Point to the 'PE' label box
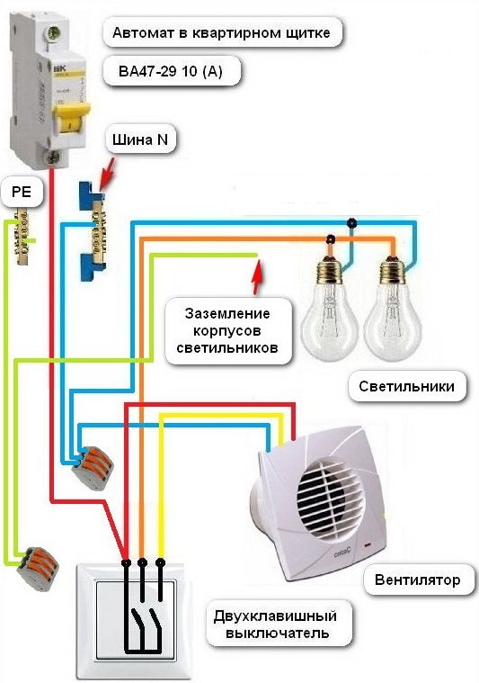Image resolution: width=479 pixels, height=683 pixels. coord(22,191)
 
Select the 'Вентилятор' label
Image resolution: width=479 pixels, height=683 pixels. coord(416,580)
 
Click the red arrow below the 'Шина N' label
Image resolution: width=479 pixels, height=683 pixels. coord(104,170)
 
